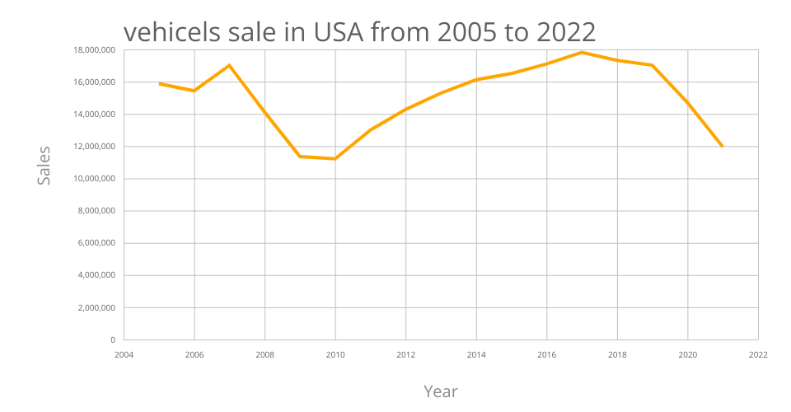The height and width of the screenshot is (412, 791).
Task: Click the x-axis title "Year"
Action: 441,391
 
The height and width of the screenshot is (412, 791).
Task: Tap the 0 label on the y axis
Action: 112,339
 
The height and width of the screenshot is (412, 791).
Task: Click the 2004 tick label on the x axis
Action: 124,355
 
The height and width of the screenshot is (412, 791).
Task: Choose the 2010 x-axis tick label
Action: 335,355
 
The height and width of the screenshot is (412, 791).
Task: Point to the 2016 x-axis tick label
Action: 547,355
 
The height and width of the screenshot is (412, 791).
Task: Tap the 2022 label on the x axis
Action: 758,355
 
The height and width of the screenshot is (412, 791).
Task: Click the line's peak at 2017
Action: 582,53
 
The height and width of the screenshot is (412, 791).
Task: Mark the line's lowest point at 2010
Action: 335,158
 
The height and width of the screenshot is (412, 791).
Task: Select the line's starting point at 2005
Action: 160,83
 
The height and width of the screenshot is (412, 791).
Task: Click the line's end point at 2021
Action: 723,147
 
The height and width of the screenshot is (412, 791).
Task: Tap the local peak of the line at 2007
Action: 229,65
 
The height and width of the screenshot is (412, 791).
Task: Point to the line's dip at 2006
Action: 194,91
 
